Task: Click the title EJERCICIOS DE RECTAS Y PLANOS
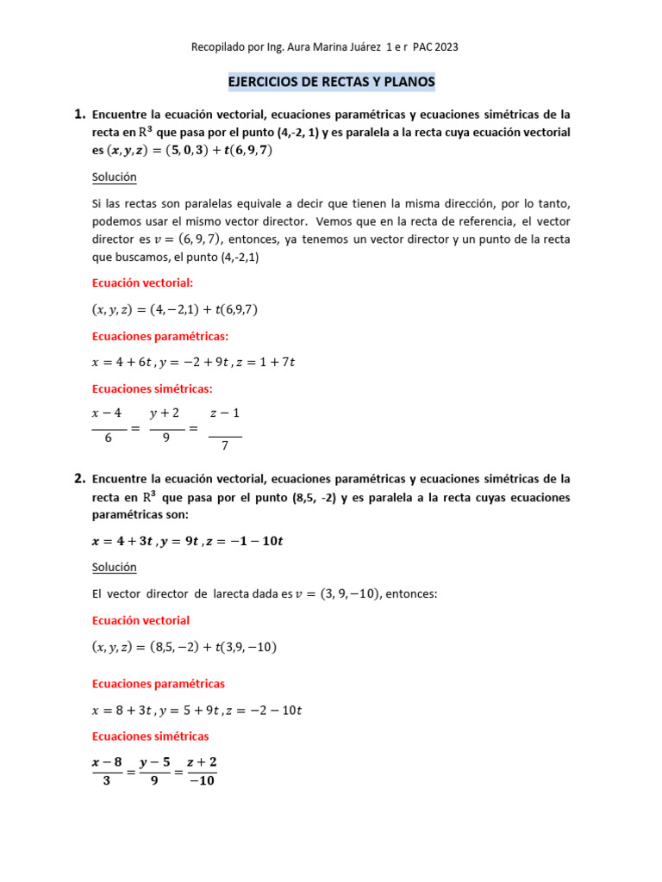pos(331,82)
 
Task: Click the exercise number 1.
pos(79,114)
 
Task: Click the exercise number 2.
pos(79,478)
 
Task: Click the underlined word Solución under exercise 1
pos(114,177)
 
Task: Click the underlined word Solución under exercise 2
pos(114,567)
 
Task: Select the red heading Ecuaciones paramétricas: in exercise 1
pos(160,336)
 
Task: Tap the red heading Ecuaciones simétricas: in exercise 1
pos(152,388)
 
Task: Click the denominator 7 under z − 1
pos(225,446)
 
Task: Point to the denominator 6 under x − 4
pos(109,438)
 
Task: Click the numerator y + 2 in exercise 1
pos(165,414)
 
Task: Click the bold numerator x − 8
pos(108,761)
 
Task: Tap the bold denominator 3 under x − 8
pos(108,780)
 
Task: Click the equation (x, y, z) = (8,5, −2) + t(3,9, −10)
pos(184,647)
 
